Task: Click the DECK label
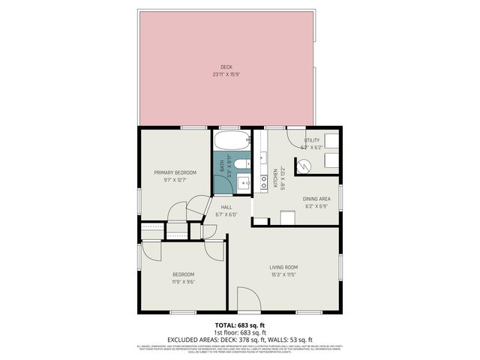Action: tap(226, 67)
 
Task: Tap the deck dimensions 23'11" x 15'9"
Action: tap(226, 74)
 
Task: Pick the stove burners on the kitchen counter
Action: tap(263, 181)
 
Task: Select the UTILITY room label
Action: tap(311, 140)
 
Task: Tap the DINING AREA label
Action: tap(316, 198)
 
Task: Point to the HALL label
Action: tap(226, 207)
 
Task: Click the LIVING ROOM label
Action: tap(284, 267)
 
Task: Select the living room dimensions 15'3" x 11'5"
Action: tap(284, 274)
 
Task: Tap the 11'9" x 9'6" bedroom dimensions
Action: tap(183, 282)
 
